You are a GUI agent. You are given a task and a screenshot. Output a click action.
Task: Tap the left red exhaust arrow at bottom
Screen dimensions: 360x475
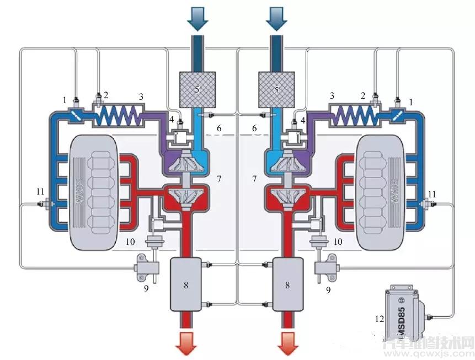[187, 343]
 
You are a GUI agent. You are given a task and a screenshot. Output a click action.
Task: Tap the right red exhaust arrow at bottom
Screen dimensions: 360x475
[287, 343]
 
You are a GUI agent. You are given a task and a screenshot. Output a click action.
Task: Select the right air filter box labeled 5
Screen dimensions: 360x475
[277, 88]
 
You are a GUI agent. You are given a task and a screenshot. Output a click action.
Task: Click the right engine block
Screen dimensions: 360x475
[382, 187]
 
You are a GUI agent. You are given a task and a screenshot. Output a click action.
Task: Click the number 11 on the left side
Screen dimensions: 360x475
[39, 191]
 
